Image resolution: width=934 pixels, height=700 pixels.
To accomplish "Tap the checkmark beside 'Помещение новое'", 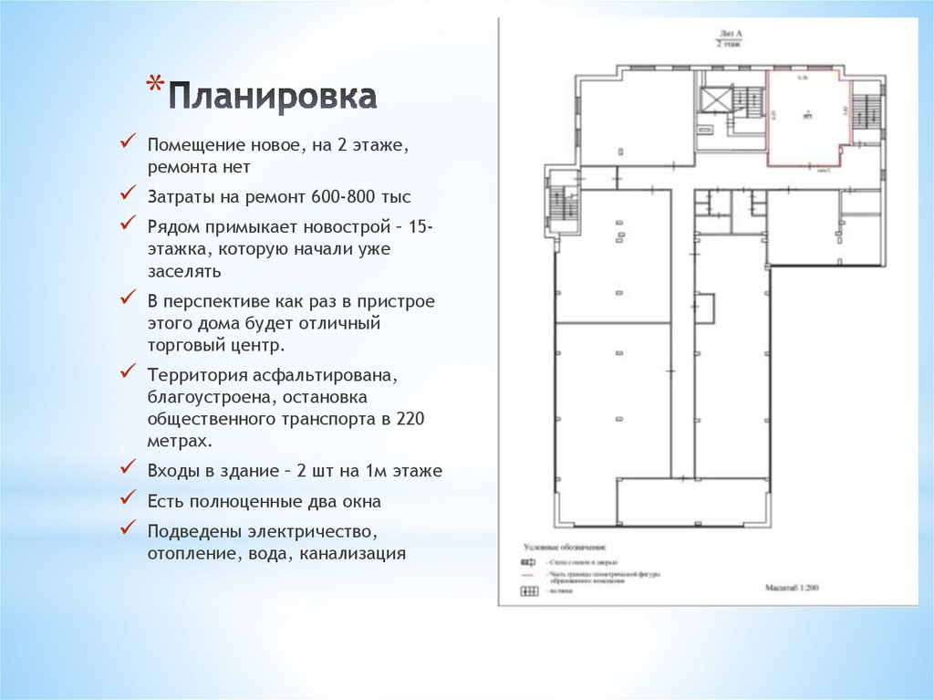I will pyautogui.click(x=130, y=144).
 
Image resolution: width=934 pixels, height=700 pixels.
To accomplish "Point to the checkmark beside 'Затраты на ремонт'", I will pyautogui.click(x=130, y=195).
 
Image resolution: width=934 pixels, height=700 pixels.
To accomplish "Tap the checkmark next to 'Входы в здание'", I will pyautogui.click(x=130, y=471).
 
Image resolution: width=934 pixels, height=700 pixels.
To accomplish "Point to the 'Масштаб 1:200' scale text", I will pyautogui.click(x=792, y=589).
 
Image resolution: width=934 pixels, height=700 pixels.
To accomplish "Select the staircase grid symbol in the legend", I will pyautogui.click(x=528, y=591).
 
